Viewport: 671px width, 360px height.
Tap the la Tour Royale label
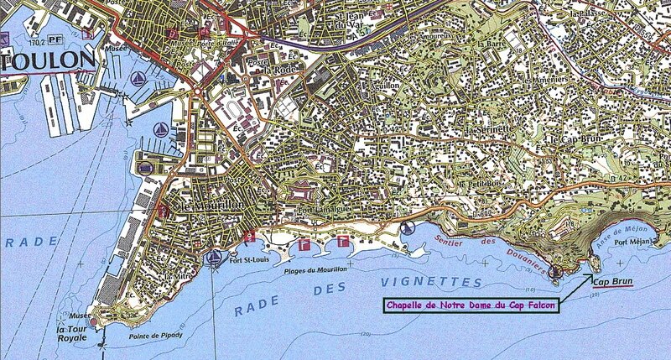click(x=74, y=327)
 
